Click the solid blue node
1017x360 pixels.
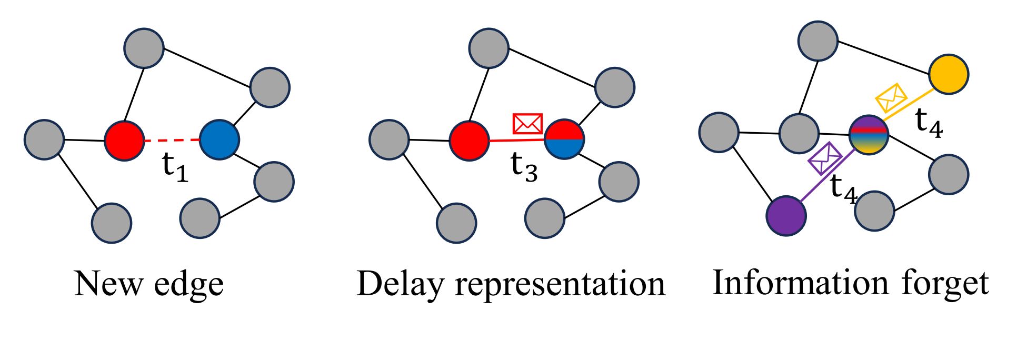[x=220, y=139]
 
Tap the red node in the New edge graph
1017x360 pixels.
[x=124, y=141]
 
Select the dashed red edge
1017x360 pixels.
[x=172, y=140]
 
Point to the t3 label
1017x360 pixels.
[x=524, y=167]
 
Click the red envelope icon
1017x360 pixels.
[x=527, y=123]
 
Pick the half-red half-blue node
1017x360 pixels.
[x=564, y=139]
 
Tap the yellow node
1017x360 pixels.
[x=949, y=74]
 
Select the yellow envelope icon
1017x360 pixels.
[x=891, y=97]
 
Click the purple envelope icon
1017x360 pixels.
[x=825, y=158]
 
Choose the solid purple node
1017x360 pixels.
[x=786, y=215]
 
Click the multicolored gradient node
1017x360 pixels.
[x=869, y=135]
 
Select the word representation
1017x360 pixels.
[x=560, y=284]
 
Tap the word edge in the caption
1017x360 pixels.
[x=189, y=285]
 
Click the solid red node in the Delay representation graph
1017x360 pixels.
[x=469, y=141]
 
